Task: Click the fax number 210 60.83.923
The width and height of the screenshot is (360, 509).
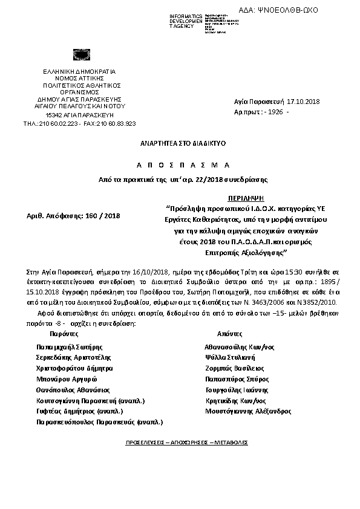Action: tap(116, 123)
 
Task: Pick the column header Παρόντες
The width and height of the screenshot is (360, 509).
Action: tap(62, 334)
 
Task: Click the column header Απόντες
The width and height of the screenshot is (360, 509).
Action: tap(230, 334)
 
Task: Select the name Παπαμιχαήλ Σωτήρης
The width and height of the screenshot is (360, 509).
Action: tap(69, 348)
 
